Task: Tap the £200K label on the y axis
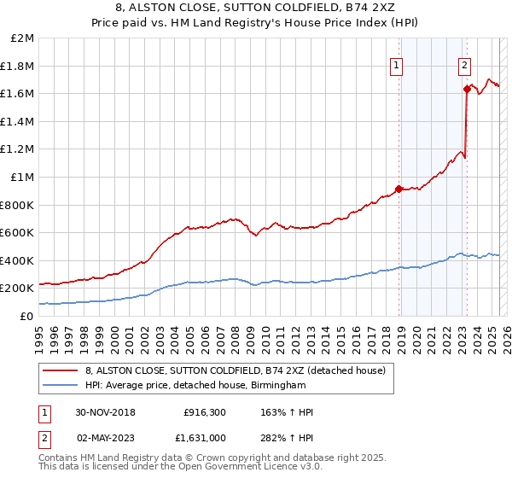point(17,289)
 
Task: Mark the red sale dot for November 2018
point(399,189)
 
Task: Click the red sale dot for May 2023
point(466,89)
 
